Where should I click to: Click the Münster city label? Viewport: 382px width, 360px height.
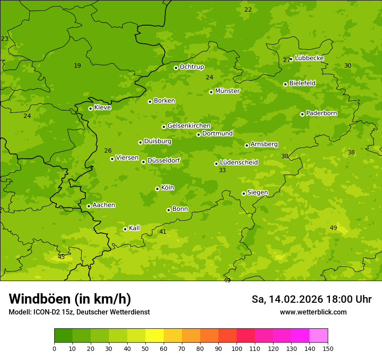[227, 91]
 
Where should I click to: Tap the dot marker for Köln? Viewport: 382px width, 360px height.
[157, 189]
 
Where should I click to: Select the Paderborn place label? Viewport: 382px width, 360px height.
[321, 113]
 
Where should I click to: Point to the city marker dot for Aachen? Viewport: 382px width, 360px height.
[89, 206]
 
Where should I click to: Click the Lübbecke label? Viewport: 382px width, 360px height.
[309, 58]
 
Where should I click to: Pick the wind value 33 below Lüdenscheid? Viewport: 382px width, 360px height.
[222, 170]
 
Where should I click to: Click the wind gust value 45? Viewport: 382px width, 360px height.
[61, 257]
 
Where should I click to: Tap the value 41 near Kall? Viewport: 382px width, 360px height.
[163, 232]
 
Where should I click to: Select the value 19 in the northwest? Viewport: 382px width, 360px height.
[77, 66]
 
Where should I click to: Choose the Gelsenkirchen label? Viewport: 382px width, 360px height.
[189, 126]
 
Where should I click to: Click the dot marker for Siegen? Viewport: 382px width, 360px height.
[244, 193]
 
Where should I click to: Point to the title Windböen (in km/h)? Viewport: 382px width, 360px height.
[69, 299]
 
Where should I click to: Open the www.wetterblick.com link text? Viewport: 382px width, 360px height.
[313, 312]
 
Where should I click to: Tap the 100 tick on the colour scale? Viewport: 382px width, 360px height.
[237, 348]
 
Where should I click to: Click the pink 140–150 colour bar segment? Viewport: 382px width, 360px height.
[319, 336]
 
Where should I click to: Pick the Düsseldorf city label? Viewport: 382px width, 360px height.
[164, 160]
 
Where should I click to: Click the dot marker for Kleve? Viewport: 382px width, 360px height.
[90, 108]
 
